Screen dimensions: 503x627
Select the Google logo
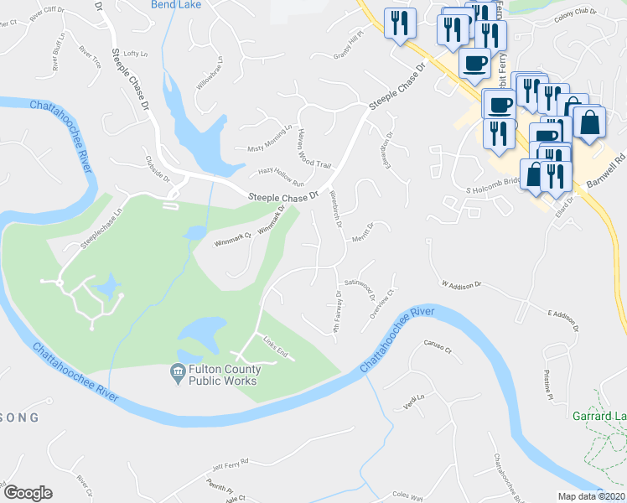pos(28,493)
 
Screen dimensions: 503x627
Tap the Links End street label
pos(276,350)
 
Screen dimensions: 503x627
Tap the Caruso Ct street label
pos(437,347)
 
